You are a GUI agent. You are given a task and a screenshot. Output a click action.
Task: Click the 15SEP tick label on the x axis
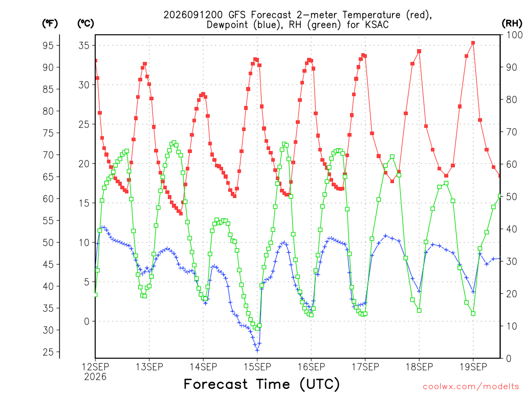[x=257, y=367]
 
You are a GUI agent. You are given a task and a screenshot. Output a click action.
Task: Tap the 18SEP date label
[x=419, y=367]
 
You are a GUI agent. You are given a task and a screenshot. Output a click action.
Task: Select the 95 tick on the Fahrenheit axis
[x=48, y=46]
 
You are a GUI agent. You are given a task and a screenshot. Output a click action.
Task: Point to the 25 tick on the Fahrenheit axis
[x=48, y=352]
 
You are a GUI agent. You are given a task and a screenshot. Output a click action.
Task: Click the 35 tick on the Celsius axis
[x=84, y=46]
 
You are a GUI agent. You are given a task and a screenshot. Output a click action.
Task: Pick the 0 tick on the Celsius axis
[x=87, y=321]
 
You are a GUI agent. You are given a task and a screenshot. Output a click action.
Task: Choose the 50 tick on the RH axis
[x=512, y=196]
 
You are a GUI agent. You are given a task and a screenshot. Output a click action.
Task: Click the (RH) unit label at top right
[x=512, y=23]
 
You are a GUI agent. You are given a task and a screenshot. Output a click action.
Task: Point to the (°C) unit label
[x=85, y=23]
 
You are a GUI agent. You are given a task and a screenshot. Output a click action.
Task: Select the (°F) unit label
[x=50, y=23]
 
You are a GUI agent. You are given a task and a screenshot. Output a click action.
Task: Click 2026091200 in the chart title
[x=193, y=15]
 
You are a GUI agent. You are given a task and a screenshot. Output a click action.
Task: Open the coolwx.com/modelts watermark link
[x=471, y=386]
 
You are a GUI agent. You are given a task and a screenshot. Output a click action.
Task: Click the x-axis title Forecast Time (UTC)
[x=261, y=384]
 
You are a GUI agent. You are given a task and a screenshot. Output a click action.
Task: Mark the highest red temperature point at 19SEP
[x=473, y=43]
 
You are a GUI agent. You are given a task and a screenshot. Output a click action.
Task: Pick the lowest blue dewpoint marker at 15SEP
[x=257, y=351]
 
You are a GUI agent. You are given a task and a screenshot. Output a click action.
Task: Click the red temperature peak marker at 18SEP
[x=419, y=52]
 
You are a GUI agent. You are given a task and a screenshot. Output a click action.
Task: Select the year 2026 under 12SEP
[x=95, y=377]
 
